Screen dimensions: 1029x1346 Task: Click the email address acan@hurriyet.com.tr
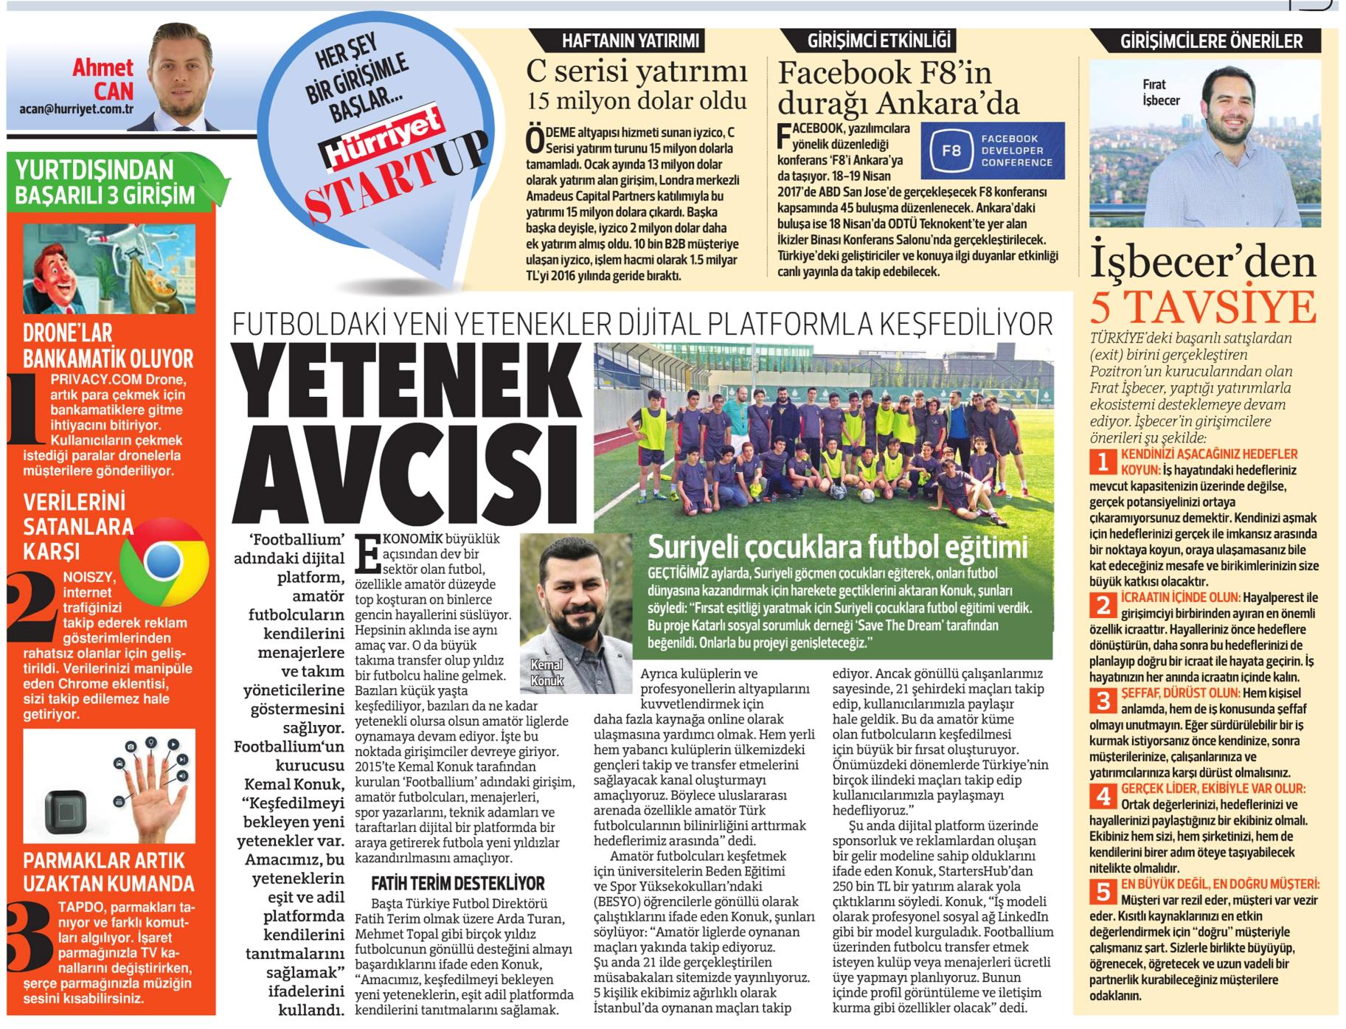(77, 108)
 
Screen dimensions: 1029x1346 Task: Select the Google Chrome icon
(163, 562)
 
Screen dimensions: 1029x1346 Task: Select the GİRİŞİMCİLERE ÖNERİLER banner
(1211, 41)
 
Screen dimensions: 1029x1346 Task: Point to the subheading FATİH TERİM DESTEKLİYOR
(457, 883)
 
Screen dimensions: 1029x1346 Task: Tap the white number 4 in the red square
(1103, 796)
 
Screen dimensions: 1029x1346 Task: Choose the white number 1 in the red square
(1103, 462)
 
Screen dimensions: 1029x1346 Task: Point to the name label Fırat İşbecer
(1162, 92)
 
